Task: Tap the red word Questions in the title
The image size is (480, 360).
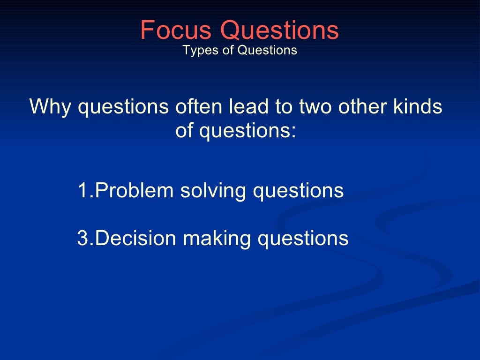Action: [x=280, y=30]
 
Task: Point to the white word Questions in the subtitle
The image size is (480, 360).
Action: [x=267, y=50]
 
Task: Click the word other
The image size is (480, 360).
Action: [x=366, y=107]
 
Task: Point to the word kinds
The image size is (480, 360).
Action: [x=418, y=107]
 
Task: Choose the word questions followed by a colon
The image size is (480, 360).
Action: [x=247, y=131]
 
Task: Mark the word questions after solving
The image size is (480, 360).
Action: [x=298, y=191]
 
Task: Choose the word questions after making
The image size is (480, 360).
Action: [x=303, y=238]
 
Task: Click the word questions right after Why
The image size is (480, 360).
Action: [x=123, y=107]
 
